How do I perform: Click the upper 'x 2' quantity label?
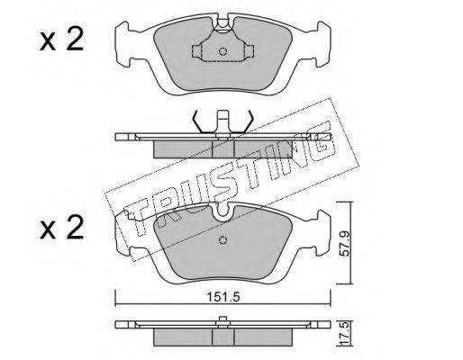pos(61,40)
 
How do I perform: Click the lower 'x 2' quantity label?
pos(61,227)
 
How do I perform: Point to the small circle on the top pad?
pos(222,51)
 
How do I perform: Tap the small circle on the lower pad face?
pos(222,240)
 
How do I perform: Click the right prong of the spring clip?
pos(248,121)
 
